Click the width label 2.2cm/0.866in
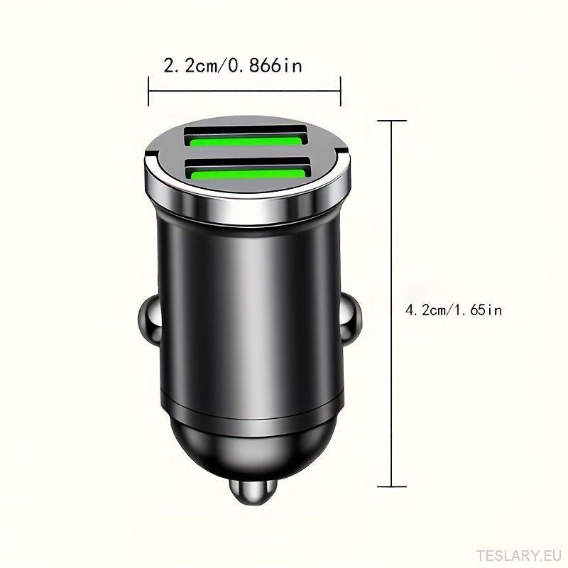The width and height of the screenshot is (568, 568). click(233, 66)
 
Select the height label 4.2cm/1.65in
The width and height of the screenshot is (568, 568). click(454, 310)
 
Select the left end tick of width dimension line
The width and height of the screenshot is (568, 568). click(148, 92)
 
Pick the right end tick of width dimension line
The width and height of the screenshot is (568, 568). click(342, 92)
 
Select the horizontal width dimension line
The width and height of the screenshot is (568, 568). click(245, 92)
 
